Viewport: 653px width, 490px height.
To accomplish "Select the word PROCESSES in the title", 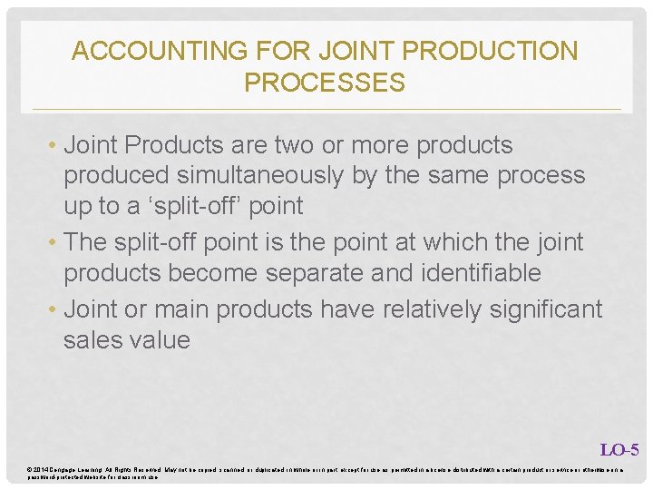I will pyautogui.click(x=325, y=83).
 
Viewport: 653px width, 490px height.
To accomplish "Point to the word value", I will pyautogui.click(x=160, y=340).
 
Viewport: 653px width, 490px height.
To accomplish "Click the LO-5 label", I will pyautogui.click(x=619, y=449).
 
